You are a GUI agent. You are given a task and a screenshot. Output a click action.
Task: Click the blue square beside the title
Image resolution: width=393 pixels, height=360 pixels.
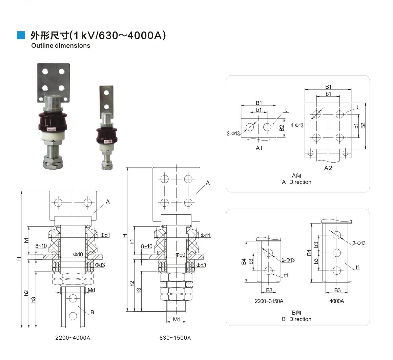click(21, 35)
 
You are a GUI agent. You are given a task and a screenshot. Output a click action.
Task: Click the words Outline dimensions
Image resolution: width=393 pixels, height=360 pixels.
click(61, 45)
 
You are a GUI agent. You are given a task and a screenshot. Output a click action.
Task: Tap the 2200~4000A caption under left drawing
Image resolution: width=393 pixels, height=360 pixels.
click(73, 338)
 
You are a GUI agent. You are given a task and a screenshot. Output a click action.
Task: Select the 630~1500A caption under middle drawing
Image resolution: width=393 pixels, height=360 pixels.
click(175, 338)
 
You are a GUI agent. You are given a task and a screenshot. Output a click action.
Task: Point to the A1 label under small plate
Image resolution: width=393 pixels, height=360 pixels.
click(259, 148)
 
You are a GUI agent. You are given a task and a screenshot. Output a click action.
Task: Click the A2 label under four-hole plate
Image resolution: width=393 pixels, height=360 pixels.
click(328, 168)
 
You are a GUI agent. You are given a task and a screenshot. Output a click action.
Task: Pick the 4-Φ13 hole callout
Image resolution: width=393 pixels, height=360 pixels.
click(297, 126)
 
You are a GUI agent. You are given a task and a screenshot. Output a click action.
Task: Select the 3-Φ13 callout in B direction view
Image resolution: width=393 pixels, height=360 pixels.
click(359, 243)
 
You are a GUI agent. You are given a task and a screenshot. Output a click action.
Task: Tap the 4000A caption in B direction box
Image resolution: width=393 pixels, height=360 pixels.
click(336, 301)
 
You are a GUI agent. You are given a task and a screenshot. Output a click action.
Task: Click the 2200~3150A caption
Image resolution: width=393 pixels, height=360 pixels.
click(269, 301)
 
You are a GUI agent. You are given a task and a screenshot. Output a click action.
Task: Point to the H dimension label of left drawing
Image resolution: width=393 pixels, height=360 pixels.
click(19, 259)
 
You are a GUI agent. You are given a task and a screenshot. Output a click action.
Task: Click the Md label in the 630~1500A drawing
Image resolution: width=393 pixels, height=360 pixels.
click(177, 319)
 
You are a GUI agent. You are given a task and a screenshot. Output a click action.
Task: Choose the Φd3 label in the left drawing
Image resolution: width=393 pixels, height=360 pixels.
click(100, 265)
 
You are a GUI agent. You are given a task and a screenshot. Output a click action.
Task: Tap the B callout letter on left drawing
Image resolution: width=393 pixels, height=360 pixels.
click(92, 312)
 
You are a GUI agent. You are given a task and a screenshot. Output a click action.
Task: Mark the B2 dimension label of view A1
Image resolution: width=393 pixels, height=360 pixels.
click(282, 128)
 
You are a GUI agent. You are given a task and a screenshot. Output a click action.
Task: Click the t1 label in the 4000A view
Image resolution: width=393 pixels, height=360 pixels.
click(357, 268)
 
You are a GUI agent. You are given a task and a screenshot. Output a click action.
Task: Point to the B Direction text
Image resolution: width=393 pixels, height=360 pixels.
click(296, 319)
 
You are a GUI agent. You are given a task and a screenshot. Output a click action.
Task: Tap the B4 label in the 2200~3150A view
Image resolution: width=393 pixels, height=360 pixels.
click(244, 261)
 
